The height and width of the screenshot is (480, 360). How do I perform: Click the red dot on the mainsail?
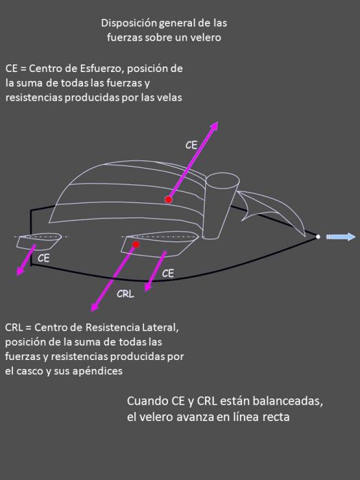[168, 199]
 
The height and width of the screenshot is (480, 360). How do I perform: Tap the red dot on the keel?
[136, 244]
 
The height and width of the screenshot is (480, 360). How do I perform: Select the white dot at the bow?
[317, 237]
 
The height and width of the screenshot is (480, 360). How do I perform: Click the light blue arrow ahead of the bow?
[341, 237]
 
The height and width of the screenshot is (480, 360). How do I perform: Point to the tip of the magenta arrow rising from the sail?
[217, 123]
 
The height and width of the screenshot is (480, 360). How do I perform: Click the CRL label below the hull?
[125, 294]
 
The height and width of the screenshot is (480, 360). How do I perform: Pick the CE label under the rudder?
[44, 259]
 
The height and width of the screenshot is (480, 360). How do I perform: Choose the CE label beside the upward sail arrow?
[192, 145]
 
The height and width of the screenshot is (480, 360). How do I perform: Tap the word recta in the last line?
[276, 417]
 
